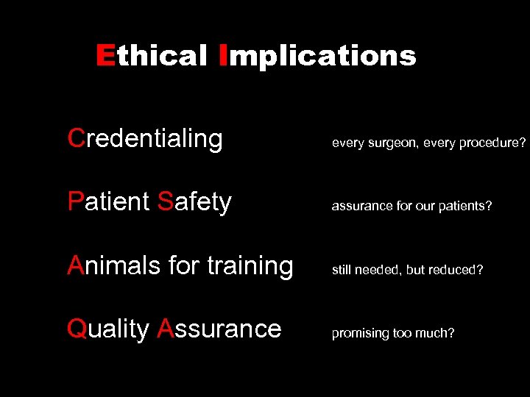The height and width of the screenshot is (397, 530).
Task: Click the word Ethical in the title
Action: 152,56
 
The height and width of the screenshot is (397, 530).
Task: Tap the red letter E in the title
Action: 105,56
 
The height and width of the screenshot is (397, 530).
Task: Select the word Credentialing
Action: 145,138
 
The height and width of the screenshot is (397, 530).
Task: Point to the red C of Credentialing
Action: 75,138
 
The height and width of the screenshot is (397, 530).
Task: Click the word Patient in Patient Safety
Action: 108,201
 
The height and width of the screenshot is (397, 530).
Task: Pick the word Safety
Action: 194,201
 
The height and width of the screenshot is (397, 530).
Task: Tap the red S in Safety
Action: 165,201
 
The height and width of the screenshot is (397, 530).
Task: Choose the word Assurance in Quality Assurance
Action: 219,329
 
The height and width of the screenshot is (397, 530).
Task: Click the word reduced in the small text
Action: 459,270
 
